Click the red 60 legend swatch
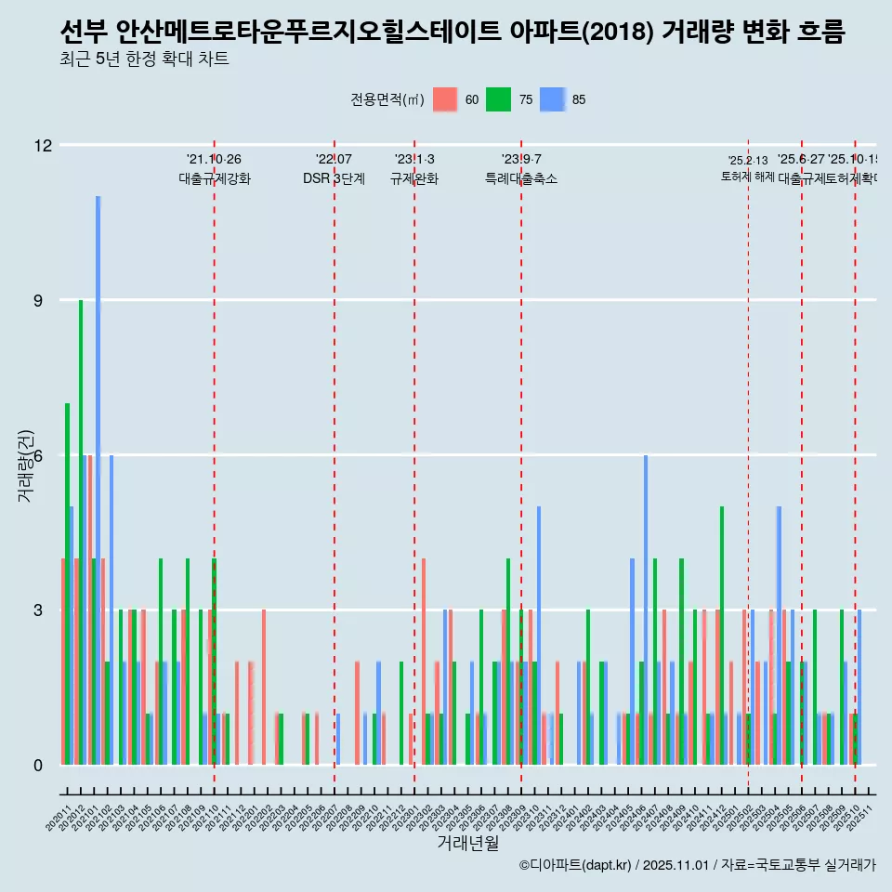(446, 99)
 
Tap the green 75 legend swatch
(499, 99)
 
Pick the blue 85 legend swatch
(553, 99)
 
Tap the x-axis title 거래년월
(467, 843)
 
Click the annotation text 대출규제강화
(215, 178)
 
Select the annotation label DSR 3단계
(334, 178)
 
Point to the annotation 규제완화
(413, 178)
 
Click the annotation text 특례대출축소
(520, 178)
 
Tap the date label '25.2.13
(748, 161)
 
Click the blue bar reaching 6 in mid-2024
(646, 610)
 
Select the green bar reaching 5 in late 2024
(722, 636)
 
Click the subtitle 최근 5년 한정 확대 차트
(144, 59)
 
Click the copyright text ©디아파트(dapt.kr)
(576, 865)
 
